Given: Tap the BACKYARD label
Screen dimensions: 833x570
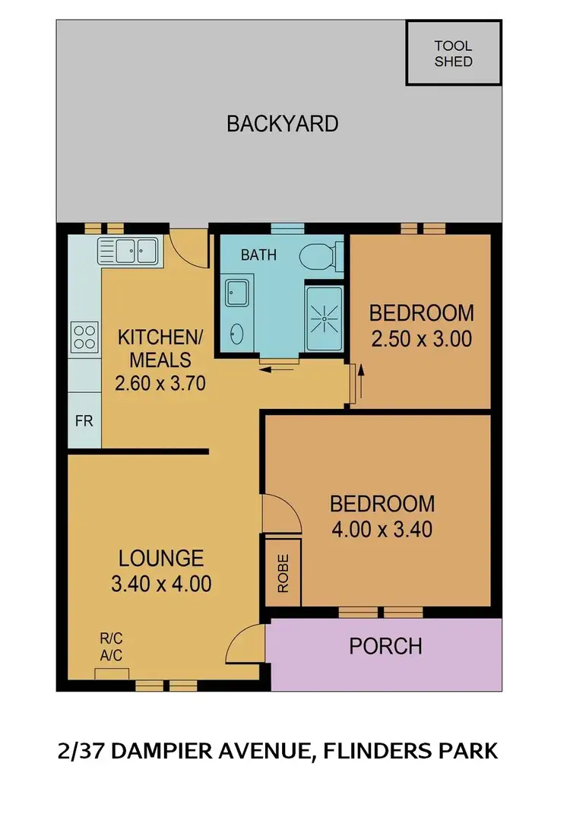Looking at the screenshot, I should tap(283, 124).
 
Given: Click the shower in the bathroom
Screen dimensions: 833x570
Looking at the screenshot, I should tap(324, 318).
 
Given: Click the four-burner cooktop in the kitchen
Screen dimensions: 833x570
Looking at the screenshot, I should tap(84, 337).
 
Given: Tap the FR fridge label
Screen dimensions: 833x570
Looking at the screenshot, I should tap(84, 420).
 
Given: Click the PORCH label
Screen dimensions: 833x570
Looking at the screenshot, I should tap(385, 646).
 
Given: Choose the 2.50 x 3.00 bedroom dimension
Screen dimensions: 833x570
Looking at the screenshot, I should tap(421, 339).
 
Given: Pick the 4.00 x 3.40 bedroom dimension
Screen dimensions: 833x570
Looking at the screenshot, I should tap(382, 528).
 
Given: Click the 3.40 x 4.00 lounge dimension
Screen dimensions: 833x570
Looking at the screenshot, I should tap(160, 584).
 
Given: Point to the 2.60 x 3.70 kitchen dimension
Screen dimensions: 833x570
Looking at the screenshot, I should tap(160, 384).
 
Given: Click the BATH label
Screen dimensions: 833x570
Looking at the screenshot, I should tap(258, 255).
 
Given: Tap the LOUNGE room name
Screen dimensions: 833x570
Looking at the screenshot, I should tap(161, 559).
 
